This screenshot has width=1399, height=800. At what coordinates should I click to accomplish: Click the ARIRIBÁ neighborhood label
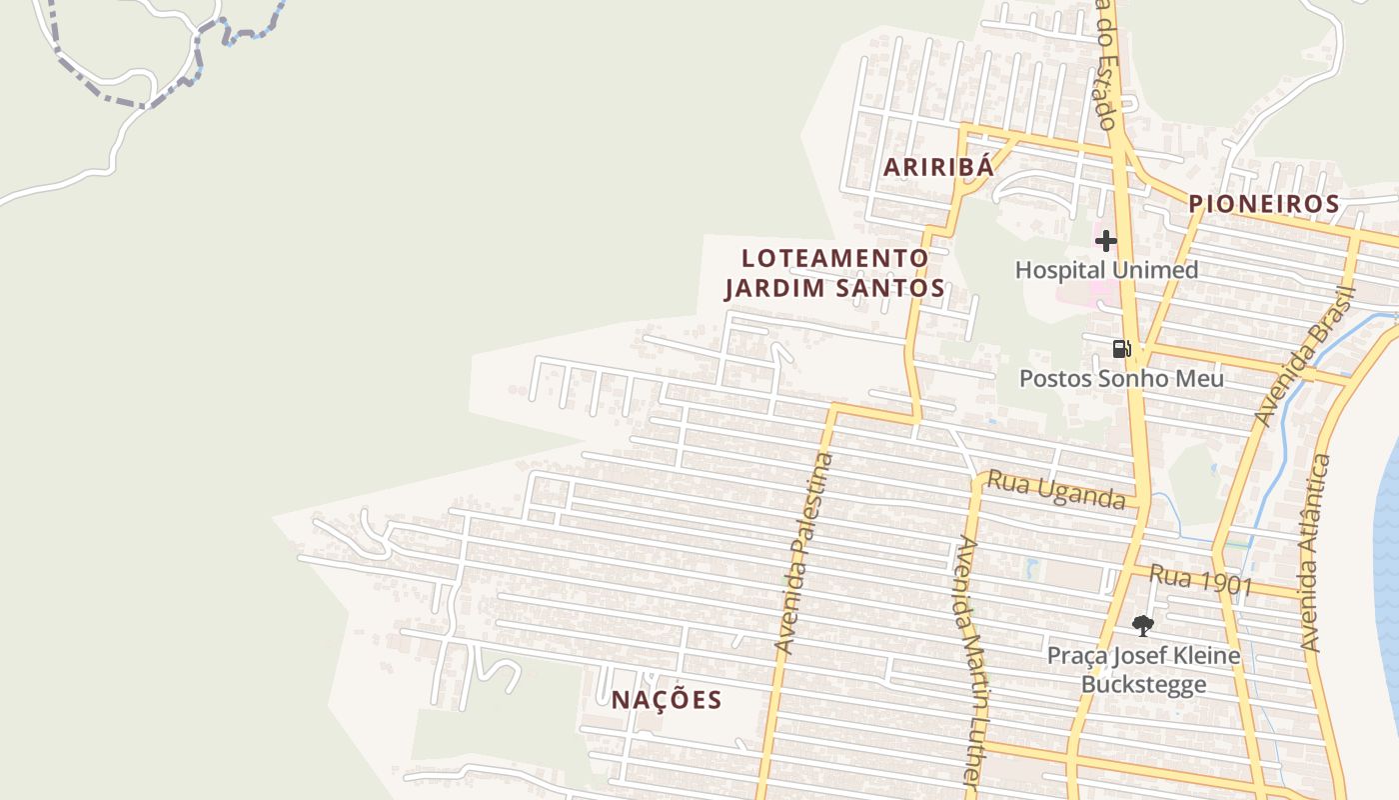938,167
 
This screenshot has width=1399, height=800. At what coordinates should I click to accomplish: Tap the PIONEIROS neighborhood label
1263,204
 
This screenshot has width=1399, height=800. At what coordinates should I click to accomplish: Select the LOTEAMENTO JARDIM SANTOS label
834,273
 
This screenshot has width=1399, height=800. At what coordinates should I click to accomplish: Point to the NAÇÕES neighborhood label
667,700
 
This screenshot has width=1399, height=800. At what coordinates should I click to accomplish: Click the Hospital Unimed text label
1106,270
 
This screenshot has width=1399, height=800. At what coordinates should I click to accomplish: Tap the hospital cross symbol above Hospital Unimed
1105,241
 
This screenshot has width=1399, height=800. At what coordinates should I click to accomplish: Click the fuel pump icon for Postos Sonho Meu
1122,349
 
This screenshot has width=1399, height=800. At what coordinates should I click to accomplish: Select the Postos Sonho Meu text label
1121,379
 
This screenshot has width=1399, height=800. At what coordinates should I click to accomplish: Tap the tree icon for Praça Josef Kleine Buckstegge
1143,626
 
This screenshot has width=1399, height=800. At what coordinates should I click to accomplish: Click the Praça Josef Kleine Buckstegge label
1143,670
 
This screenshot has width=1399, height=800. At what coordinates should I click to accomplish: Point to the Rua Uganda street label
1056,490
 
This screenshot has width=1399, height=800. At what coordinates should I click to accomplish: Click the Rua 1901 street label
1200,579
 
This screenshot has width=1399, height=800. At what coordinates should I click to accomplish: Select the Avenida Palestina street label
803,555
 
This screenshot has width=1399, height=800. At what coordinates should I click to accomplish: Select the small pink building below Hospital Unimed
1103,292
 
